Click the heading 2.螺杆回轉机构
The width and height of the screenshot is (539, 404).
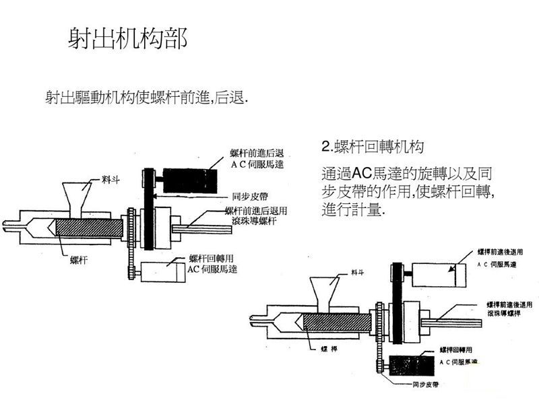(373, 146)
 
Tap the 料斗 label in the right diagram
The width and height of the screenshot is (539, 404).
(358, 272)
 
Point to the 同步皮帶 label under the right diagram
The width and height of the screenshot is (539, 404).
(425, 386)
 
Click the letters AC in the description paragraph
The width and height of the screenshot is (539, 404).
(363, 171)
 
